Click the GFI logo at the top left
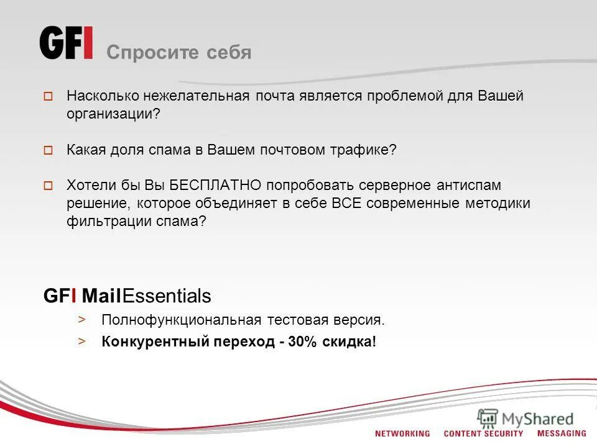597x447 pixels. [x=67, y=43]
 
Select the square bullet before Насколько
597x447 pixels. [x=48, y=97]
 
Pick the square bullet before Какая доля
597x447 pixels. [x=48, y=150]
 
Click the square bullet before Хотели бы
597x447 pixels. [x=48, y=185]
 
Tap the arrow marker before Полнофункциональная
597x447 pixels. [x=81, y=320]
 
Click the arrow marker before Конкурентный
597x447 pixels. [x=81, y=341]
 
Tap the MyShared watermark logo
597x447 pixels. [x=526, y=418]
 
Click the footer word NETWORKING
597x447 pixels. [x=402, y=433]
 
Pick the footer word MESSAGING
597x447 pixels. [x=562, y=433]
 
